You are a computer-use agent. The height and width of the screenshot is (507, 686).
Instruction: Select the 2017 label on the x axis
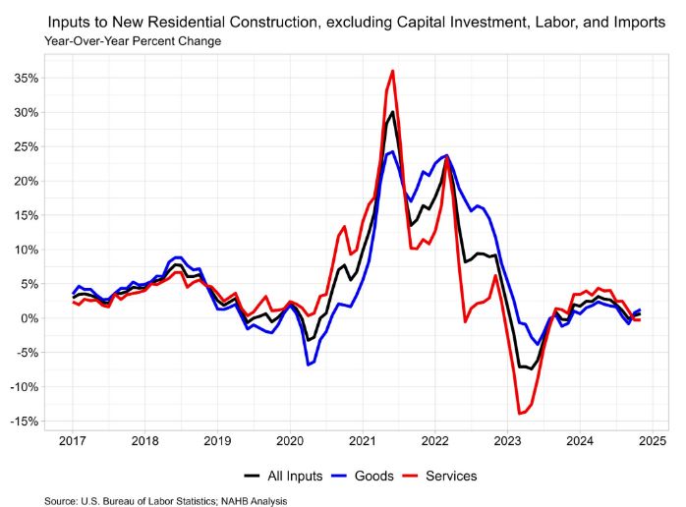coord(72,441)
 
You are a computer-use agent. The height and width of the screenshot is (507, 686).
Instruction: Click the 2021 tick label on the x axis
coord(363,441)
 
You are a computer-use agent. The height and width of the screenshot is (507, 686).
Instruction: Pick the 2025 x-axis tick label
coord(654,441)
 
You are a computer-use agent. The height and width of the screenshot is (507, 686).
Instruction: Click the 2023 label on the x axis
coord(508,441)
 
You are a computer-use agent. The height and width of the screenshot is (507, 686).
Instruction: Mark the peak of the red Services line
coord(392,71)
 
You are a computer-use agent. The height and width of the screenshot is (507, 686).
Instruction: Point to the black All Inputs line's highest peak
coord(392,112)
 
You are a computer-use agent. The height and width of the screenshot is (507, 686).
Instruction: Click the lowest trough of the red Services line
coord(520,414)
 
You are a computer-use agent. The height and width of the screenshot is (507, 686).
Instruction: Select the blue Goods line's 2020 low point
coord(308,365)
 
